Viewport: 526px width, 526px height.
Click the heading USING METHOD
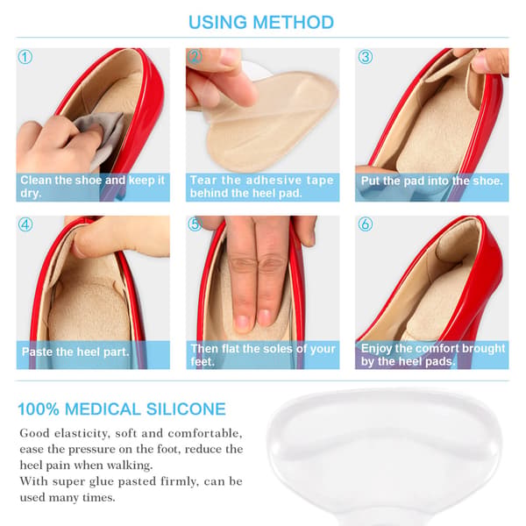(261, 23)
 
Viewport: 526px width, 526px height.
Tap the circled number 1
(25, 57)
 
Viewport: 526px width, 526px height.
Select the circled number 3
(366, 57)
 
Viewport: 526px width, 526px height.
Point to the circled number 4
(25, 224)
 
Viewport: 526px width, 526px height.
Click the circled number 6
(366, 224)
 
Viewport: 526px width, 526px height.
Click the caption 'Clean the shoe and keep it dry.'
(92, 187)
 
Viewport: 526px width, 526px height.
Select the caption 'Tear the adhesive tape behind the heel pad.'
(261, 187)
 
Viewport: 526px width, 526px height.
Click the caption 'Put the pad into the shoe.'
(431, 181)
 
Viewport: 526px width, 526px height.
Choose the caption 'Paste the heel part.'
(75, 352)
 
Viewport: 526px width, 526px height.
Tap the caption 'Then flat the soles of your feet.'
(263, 355)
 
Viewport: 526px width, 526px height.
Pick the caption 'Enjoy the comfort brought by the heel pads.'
(433, 355)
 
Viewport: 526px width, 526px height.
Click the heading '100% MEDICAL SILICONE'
(122, 409)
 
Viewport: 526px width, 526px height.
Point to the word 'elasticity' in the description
(82, 433)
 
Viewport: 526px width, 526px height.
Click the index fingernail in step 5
(242, 322)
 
